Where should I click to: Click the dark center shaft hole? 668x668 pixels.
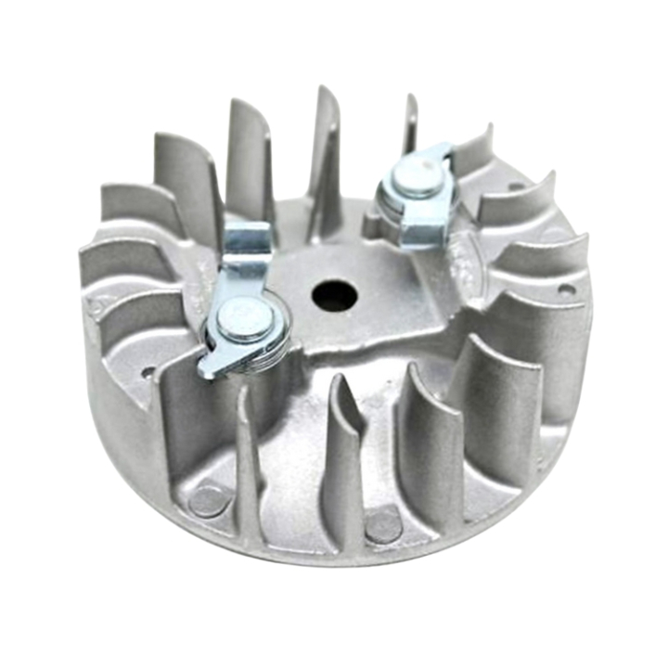coord(335,297)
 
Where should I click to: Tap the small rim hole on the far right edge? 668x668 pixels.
coord(565,289)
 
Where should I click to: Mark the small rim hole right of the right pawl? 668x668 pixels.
coord(517,186)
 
